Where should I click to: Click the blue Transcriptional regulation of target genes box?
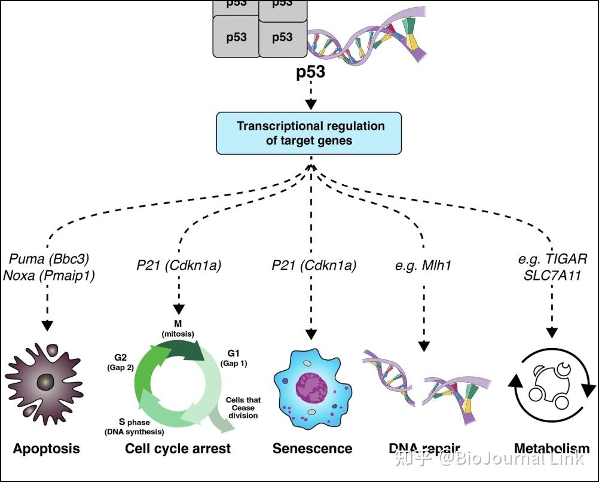click(310, 133)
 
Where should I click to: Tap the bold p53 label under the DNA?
click(310, 72)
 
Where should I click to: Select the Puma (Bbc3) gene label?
click(50, 259)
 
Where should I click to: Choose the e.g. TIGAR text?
click(552, 259)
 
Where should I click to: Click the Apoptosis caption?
click(47, 448)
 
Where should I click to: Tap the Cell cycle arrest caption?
click(178, 448)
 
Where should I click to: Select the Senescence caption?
click(312, 448)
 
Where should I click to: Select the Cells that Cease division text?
click(243, 407)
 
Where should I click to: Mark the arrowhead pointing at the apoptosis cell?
click(47, 325)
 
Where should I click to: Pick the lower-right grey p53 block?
click(282, 38)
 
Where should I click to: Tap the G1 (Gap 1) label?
click(234, 358)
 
